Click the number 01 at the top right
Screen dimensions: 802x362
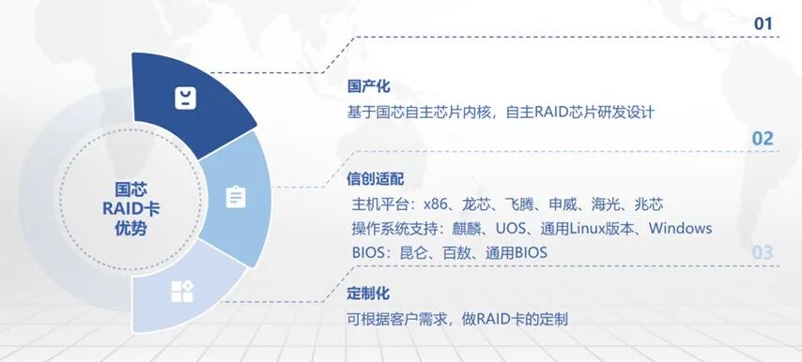pyautogui.click(x=763, y=23)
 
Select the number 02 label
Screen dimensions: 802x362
pyautogui.click(x=763, y=139)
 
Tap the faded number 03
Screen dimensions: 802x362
pyautogui.click(x=763, y=252)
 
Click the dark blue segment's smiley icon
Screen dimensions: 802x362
pyautogui.click(x=185, y=98)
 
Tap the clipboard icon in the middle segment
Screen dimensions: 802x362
pyautogui.click(x=236, y=197)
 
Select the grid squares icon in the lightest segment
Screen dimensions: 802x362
pyautogui.click(x=182, y=291)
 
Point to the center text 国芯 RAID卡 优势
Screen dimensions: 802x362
pyautogui.click(x=131, y=209)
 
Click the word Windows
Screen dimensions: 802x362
pyautogui.click(x=680, y=228)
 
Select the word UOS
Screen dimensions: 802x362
pyautogui.click(x=511, y=228)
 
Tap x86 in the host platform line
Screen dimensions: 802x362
pyautogui.click(x=435, y=204)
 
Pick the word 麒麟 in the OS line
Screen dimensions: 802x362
pyautogui.click(x=467, y=228)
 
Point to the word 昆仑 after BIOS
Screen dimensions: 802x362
pyautogui.click(x=413, y=252)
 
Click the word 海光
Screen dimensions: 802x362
pyautogui.click(x=606, y=204)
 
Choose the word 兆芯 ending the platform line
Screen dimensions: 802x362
pyautogui.click(x=649, y=204)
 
